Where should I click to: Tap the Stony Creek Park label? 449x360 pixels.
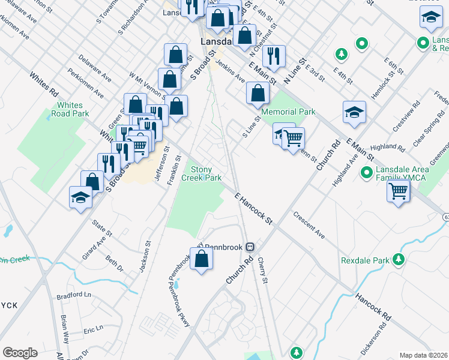pos(206,173)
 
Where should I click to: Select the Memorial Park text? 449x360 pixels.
pos(288,112)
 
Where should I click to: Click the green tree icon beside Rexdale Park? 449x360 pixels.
pos(397,260)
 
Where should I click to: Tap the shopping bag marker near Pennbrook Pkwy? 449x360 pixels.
pos(202,259)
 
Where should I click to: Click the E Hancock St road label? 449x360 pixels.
pos(253,209)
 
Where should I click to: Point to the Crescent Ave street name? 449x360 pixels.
pos(309,225)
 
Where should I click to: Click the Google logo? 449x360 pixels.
pos(20,353)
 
